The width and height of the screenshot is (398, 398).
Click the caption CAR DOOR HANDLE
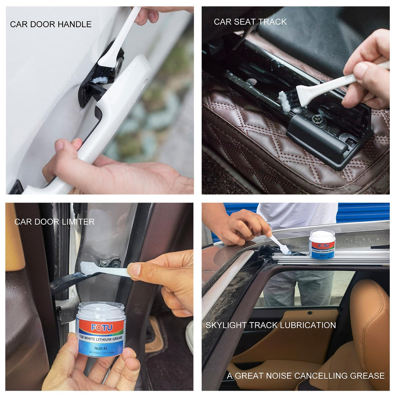(x=51, y=24)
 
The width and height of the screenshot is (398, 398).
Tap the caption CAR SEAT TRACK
(x=250, y=22)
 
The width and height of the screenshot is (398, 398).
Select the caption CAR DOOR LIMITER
(x=54, y=222)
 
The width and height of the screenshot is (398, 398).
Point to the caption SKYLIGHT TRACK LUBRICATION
(x=271, y=325)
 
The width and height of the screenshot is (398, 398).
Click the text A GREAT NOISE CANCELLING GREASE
(x=305, y=376)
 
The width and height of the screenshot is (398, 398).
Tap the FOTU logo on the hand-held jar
(x=101, y=327)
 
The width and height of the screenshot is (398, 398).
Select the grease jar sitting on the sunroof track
(x=322, y=244)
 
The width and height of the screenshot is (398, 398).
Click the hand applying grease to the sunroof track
(x=241, y=227)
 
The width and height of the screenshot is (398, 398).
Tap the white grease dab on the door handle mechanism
(x=99, y=80)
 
